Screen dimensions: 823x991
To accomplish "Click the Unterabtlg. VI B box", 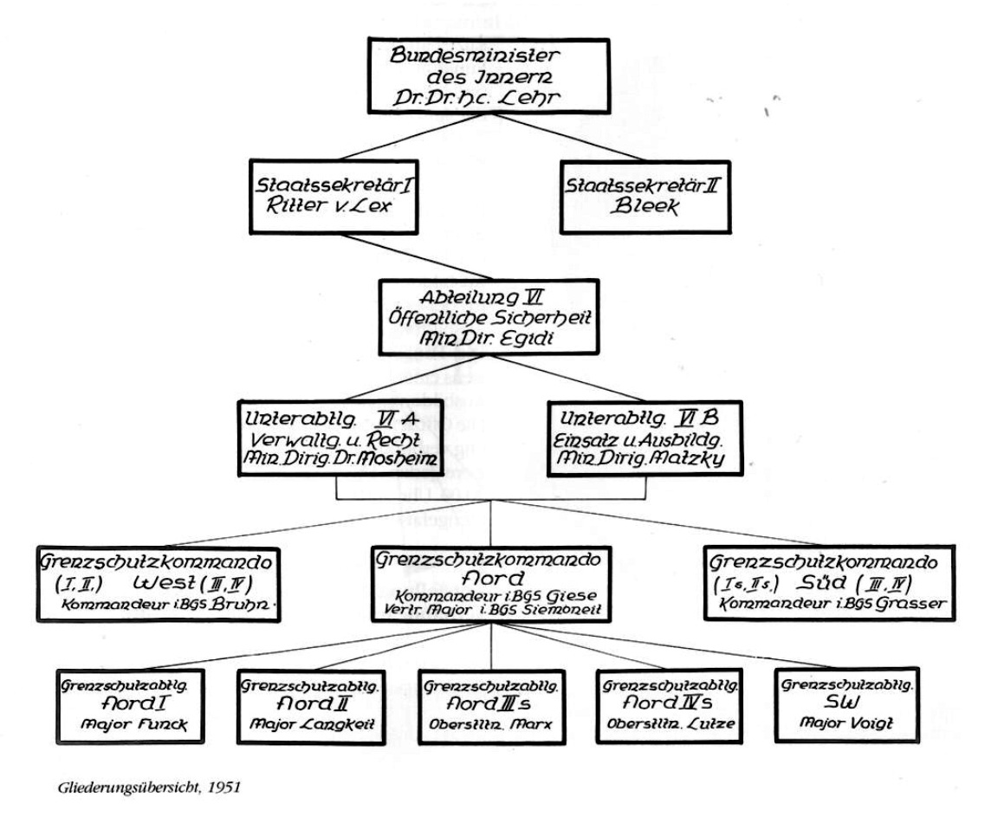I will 644,437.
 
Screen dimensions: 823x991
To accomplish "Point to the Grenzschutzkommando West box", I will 161,580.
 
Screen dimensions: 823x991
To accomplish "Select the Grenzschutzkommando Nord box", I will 491,582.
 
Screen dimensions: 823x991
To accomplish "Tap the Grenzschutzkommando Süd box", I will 830,580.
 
